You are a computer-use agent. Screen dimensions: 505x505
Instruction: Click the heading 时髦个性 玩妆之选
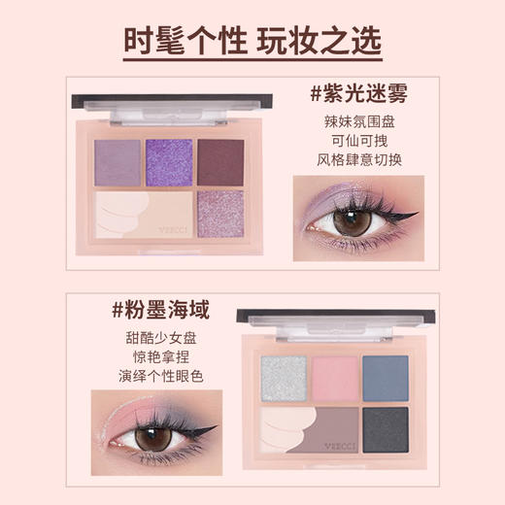point(252,42)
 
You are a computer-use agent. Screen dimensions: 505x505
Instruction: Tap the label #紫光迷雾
point(357,95)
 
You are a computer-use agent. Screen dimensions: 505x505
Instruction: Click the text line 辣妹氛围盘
point(358,124)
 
